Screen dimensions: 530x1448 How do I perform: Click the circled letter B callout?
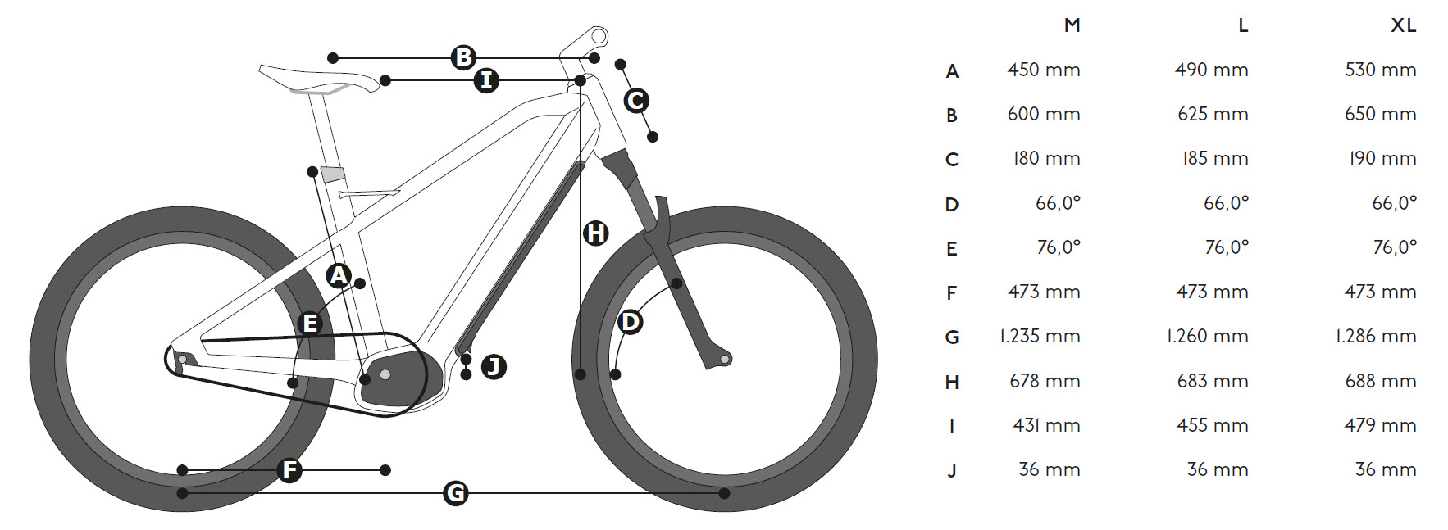(463, 57)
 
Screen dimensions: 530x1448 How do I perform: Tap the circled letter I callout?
(486, 80)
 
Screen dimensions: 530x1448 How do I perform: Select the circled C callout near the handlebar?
(636, 101)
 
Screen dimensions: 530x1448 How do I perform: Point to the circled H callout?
(595, 233)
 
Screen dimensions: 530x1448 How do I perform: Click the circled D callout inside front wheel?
(630, 322)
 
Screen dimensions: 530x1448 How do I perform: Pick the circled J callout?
(493, 366)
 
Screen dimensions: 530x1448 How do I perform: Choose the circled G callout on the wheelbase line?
(455, 493)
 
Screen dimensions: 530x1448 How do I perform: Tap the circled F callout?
(289, 470)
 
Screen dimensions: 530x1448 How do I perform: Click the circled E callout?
(310, 324)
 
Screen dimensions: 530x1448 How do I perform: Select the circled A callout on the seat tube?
(339, 275)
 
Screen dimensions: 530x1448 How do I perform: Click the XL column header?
(1403, 25)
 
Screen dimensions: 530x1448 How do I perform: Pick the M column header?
(1072, 25)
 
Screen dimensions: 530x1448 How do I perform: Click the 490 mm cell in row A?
(1211, 70)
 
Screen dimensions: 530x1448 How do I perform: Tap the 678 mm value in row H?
(1044, 381)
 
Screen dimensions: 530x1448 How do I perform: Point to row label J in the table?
(951, 471)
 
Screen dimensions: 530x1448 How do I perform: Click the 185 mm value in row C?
(1214, 159)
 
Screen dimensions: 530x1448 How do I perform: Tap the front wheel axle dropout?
(724, 359)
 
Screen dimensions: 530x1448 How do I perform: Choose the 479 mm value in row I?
(1380, 425)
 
